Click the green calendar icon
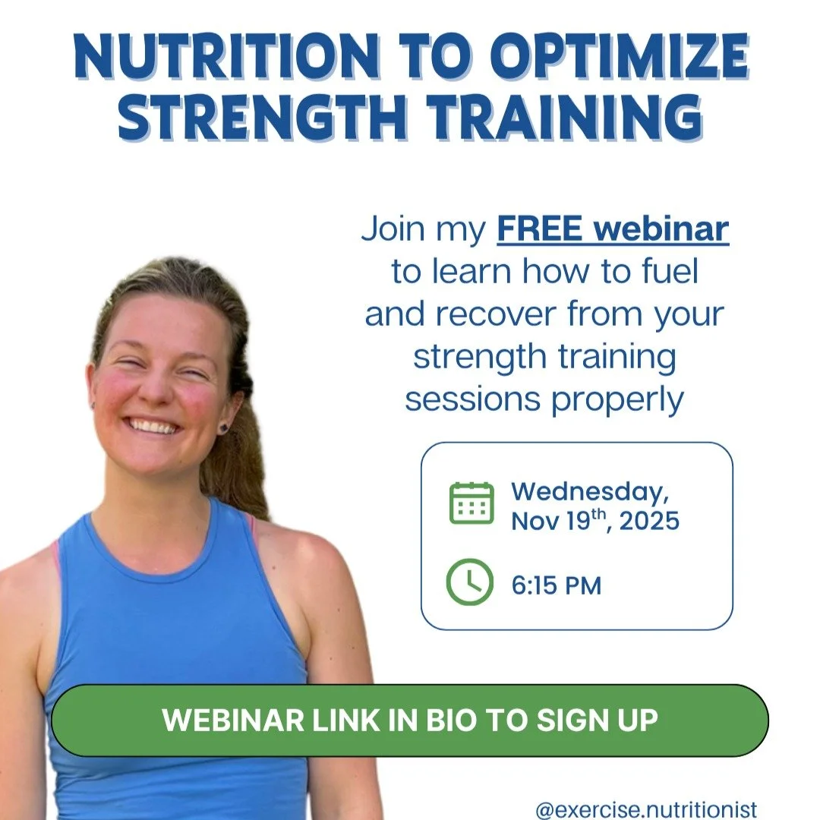tap(471, 503)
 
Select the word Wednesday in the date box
tap(590, 491)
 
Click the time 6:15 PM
tap(557, 586)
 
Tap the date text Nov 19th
tap(558, 522)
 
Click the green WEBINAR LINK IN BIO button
tap(410, 721)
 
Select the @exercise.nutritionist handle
tap(646, 810)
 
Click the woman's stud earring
tap(225, 406)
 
